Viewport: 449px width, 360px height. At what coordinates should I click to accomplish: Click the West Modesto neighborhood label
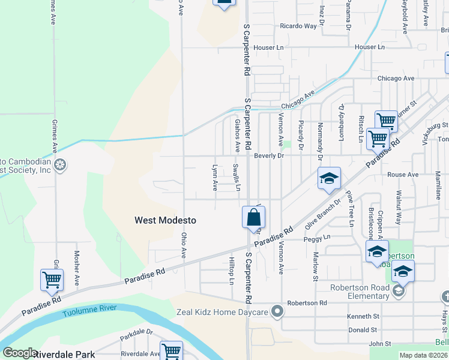tap(165, 220)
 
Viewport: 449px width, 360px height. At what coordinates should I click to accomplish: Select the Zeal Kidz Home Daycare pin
tap(277, 311)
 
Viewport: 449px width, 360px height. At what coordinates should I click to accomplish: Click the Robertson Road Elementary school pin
tap(398, 291)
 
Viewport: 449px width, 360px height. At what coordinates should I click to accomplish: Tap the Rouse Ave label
tap(403, 175)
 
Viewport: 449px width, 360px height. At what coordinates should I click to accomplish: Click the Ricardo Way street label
tap(298, 26)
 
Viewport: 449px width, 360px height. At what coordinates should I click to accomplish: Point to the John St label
tap(380, 344)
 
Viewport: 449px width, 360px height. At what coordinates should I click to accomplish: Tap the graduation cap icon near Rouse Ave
tap(329, 178)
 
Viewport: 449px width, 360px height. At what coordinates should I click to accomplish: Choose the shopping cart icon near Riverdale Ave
tap(172, 350)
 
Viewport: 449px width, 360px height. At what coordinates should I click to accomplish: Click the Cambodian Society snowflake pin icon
tap(59, 164)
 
